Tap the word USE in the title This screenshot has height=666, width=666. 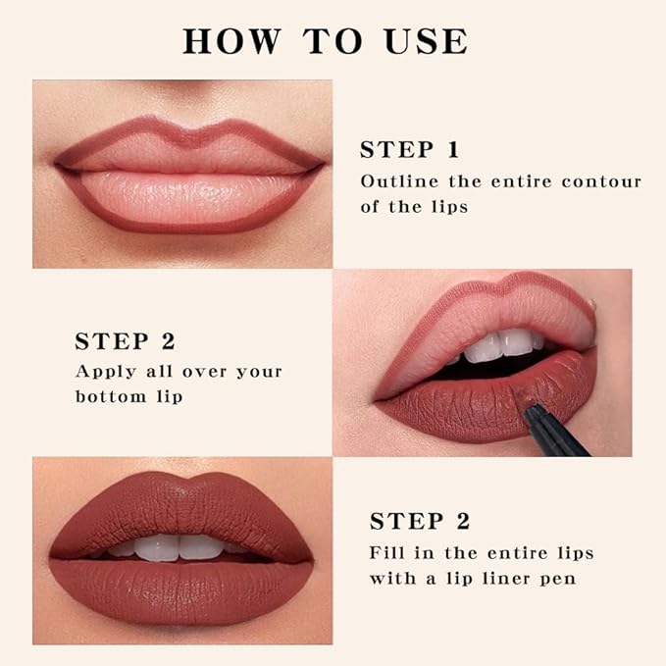(x=423, y=41)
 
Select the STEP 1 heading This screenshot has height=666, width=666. (x=409, y=150)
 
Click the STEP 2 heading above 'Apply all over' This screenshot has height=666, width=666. (x=125, y=341)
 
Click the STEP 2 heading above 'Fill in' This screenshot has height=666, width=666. (x=419, y=521)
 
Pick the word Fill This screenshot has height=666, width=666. (x=385, y=552)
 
